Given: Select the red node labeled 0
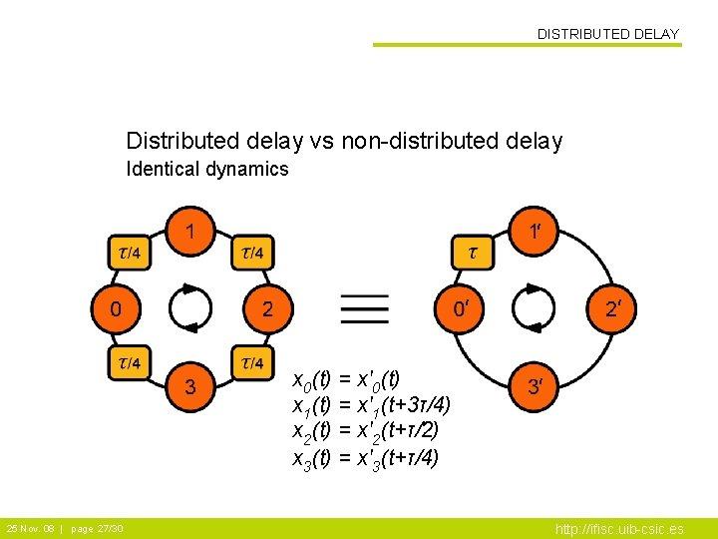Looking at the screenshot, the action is pyautogui.click(x=116, y=308).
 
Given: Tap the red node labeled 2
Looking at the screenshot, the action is pyautogui.click(x=266, y=308).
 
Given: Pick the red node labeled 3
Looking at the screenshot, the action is pyautogui.click(x=190, y=386).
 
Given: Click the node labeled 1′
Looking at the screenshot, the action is pyautogui.click(x=536, y=232).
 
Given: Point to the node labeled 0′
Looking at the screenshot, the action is pyautogui.click(x=459, y=308).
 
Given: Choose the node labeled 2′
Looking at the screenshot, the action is pyautogui.click(x=612, y=308).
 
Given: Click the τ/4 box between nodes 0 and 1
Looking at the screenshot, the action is pyautogui.click(x=130, y=253).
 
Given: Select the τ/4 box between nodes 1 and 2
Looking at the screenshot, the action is pyautogui.click(x=252, y=253).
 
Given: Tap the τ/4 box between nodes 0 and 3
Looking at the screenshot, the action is pyautogui.click(x=130, y=361).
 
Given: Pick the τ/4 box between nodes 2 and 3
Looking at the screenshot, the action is pyautogui.click(x=252, y=361).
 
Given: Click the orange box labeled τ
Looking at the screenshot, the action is pyautogui.click(x=474, y=253).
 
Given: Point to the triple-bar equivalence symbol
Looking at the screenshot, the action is pyautogui.click(x=359, y=308).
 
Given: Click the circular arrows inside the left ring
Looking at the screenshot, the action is pyautogui.click(x=190, y=308).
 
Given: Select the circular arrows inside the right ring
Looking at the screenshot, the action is pyautogui.click(x=536, y=308).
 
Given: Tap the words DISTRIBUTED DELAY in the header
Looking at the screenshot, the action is pyautogui.click(x=607, y=34).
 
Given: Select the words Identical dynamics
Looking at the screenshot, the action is pyautogui.click(x=207, y=169).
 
